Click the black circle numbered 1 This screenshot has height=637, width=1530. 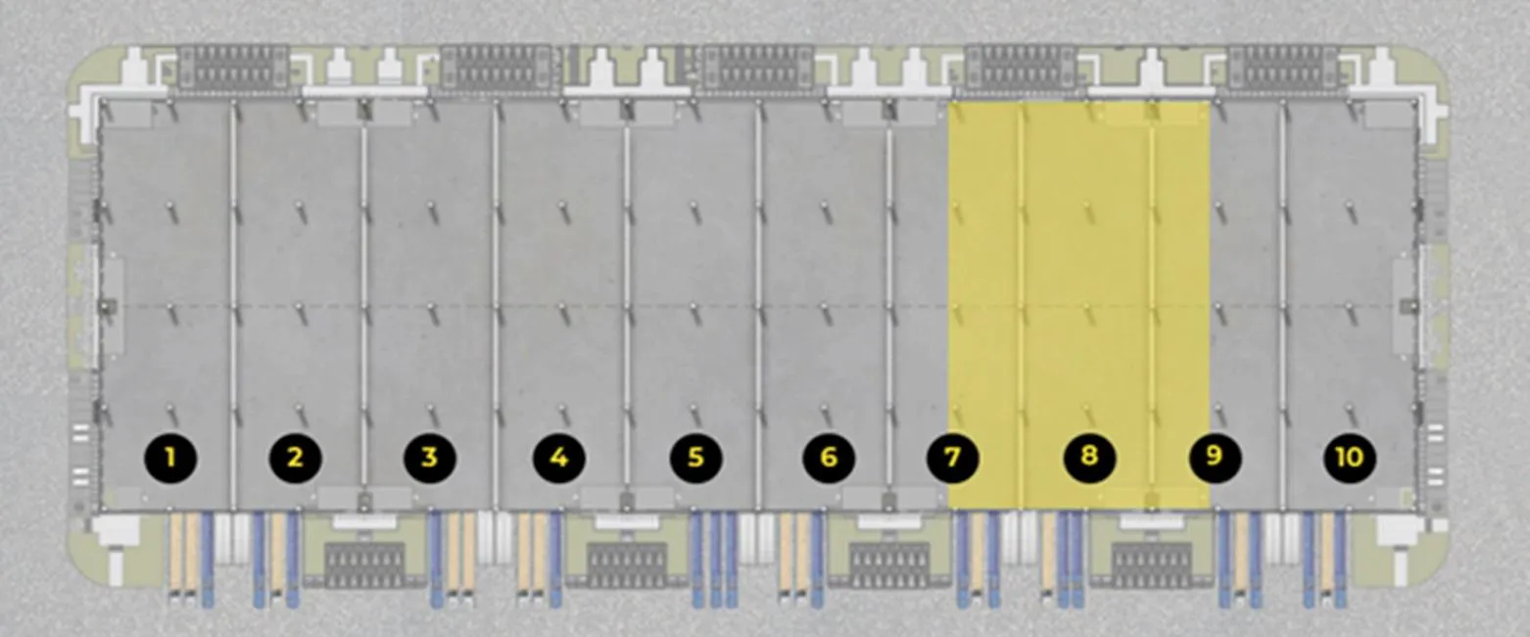tap(170, 458)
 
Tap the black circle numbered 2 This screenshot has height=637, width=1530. tap(295, 458)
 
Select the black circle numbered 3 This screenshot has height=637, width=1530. tap(430, 458)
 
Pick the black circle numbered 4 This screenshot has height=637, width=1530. tap(559, 458)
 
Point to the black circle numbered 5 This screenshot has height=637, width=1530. tap(696, 458)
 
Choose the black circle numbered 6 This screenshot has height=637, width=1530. tap(829, 458)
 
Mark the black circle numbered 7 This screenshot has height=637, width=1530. tap(953, 458)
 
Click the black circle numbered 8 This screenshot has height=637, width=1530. tap(1090, 456)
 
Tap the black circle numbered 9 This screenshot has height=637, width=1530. tap(1216, 456)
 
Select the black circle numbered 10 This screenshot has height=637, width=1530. tap(1350, 458)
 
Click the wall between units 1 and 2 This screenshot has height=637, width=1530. tap(233, 306)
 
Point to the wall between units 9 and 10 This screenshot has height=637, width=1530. tap(1282, 306)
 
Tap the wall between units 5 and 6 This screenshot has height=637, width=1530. tap(757, 306)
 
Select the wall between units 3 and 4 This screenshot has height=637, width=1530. tap(496, 306)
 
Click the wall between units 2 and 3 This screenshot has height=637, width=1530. tap(364, 306)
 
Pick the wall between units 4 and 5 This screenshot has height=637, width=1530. tap(626, 306)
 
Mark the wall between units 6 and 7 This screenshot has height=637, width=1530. tap(888, 306)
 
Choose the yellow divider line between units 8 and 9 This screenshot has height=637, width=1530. tap(1152, 306)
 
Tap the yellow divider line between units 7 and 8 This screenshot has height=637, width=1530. tap(1021, 306)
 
